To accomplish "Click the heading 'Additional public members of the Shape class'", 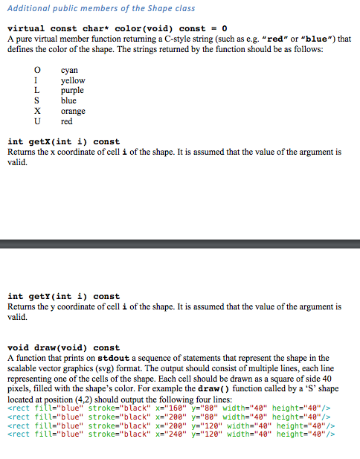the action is tap(101, 8).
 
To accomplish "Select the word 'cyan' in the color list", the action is tap(69, 70).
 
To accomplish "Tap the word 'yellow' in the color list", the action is tap(73, 80).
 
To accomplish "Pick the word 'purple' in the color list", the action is tap(72, 91).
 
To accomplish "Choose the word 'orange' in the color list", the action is tap(73, 112).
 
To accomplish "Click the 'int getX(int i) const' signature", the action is tap(63, 141).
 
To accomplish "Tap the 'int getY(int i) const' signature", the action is tap(63, 296).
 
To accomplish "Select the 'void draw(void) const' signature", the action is tap(63, 347).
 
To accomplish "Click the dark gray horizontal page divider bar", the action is tap(180, 243).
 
